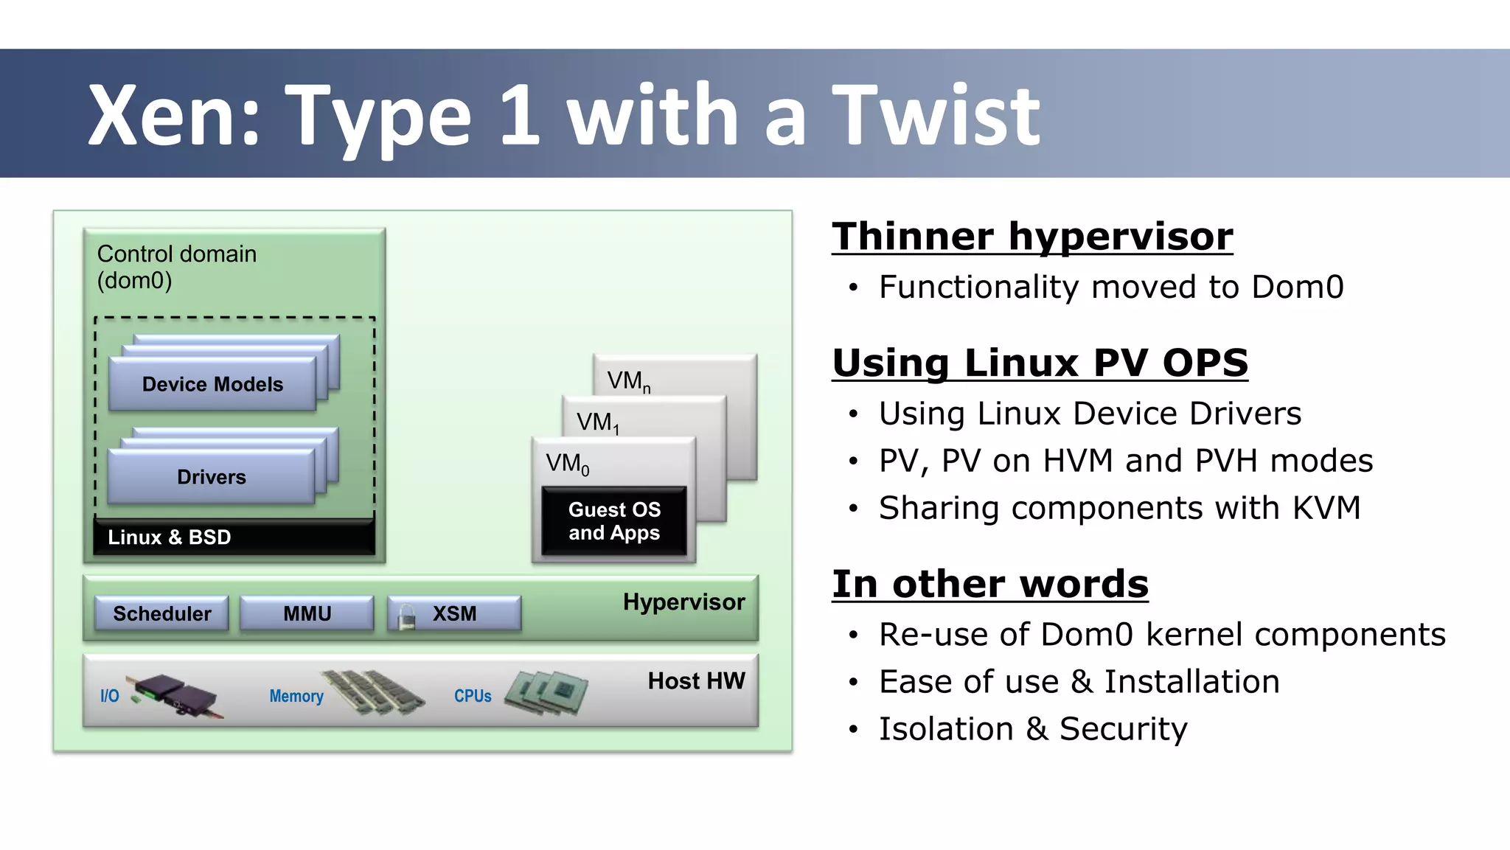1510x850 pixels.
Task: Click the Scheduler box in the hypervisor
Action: point(161,613)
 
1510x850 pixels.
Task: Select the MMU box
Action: point(307,613)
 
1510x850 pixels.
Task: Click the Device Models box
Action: point(212,384)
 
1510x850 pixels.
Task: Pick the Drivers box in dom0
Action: point(212,477)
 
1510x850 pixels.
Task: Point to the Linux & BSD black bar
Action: point(234,537)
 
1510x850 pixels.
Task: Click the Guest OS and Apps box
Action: point(614,521)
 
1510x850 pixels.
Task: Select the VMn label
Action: point(628,381)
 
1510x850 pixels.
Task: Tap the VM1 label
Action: point(597,422)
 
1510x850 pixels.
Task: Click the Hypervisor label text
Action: point(683,602)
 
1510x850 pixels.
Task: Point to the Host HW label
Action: point(696,680)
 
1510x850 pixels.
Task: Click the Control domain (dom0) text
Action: point(176,267)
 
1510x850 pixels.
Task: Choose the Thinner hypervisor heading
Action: point(1031,237)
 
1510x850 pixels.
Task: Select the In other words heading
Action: point(989,584)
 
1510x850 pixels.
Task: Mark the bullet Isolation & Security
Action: point(1032,729)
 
